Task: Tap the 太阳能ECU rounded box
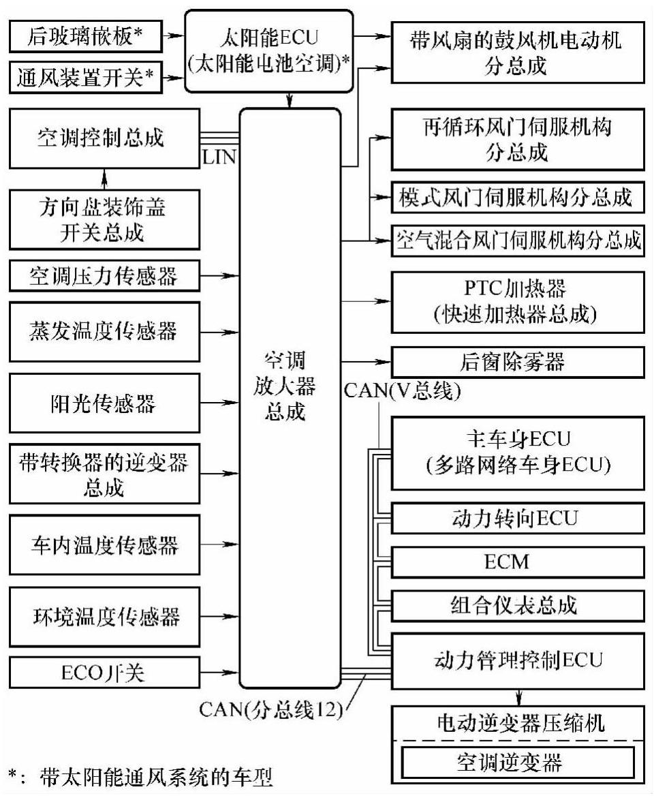269,51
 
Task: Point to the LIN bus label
219,158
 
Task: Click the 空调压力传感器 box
102,277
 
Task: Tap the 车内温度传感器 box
102,545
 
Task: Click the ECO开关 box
102,674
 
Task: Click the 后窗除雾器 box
517,361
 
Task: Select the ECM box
517,562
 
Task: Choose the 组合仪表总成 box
517,604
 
